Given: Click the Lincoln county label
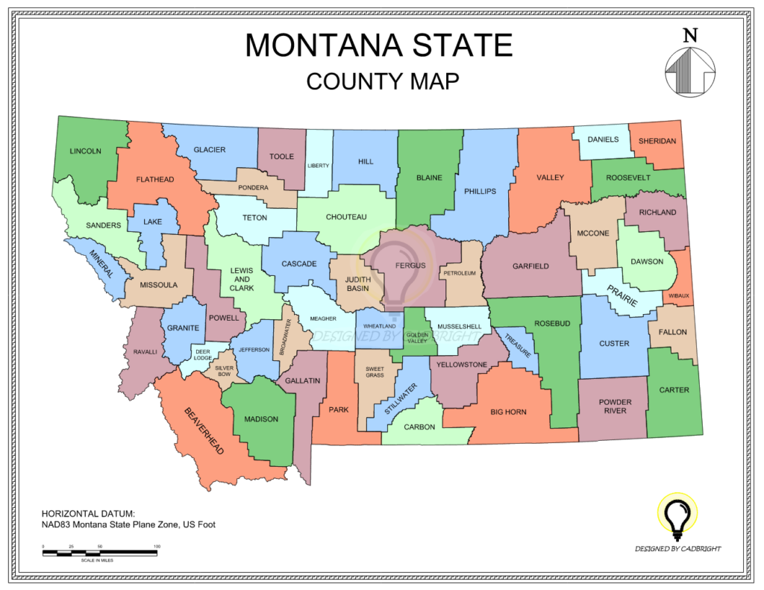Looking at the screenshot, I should (x=85, y=151).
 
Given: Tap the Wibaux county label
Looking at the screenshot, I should (x=678, y=296).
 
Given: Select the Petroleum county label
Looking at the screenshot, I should (x=460, y=274).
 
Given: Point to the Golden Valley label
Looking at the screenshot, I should (x=417, y=338).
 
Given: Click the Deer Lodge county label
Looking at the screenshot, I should (x=202, y=354).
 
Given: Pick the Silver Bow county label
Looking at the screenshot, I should (x=225, y=371).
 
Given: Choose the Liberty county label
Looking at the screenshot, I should (x=318, y=166).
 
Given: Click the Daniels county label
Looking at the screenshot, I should (x=603, y=139).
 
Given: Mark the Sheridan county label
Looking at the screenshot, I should (x=657, y=141).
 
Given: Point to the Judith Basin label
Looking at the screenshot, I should (x=357, y=284).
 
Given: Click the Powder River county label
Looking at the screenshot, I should (x=615, y=407).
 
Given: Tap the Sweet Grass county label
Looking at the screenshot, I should (x=375, y=371).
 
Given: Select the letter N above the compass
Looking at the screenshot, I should (x=690, y=35).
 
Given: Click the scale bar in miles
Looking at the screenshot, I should (x=99, y=553).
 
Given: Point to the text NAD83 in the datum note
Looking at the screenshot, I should (x=57, y=524).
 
